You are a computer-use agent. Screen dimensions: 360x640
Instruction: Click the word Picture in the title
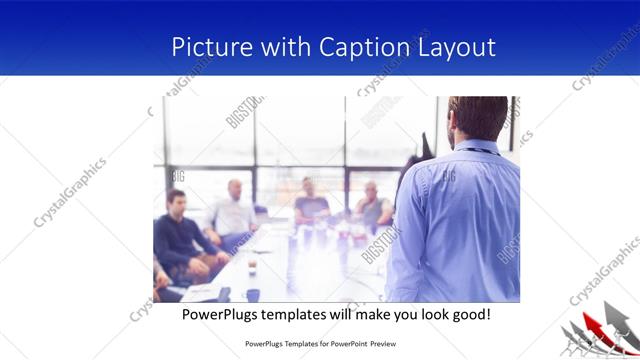point(206,47)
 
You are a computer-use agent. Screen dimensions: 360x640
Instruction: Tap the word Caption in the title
point(364,47)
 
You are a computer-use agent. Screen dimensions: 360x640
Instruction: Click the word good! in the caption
point(469,314)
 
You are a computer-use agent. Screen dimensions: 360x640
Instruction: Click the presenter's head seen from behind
point(478,119)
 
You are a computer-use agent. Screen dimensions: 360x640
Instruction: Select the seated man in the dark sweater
point(176,235)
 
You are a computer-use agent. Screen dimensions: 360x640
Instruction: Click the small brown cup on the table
point(251,266)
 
